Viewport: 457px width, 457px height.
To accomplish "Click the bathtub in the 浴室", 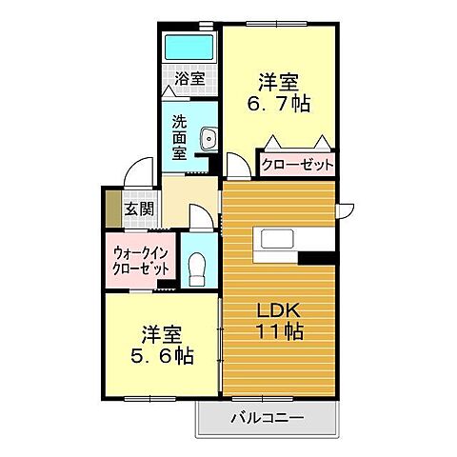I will point(190,46).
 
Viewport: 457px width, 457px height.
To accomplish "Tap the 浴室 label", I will point(190,79).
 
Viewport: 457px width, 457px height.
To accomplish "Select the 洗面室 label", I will point(179,136).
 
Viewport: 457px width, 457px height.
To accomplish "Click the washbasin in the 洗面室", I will point(209,142).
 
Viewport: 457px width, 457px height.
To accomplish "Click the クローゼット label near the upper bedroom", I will point(298,165).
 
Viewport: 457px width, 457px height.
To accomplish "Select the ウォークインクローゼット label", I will point(141,261).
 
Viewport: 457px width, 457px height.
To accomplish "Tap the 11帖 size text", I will point(278,332).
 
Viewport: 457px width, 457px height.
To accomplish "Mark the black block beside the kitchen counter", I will point(317,255).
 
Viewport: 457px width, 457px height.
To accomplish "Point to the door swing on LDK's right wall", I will point(346,208).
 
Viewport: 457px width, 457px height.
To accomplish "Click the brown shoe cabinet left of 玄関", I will point(111,210).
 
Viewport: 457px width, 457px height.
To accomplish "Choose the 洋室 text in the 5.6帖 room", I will point(163,334).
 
